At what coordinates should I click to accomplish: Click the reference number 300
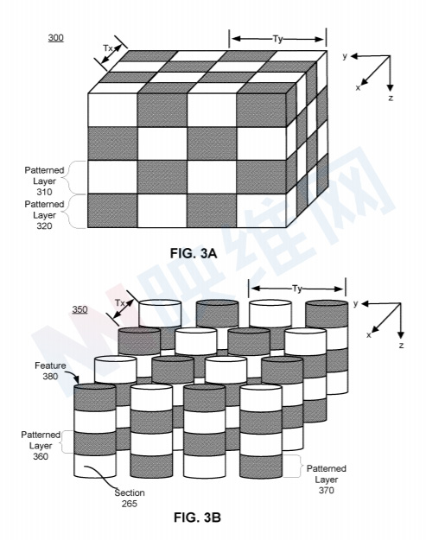coord(56,37)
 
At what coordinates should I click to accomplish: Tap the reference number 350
coord(79,309)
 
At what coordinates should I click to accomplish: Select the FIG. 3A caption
coord(194,253)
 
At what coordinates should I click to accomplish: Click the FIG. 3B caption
coord(197,518)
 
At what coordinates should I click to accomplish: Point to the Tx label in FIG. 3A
coord(108,48)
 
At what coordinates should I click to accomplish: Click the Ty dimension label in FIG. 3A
coord(277,39)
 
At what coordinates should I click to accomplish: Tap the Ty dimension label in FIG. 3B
coord(297,289)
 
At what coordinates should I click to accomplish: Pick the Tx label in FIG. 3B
coord(119,302)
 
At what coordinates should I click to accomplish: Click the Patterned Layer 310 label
coord(44,181)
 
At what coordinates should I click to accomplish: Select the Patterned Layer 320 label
coord(44,215)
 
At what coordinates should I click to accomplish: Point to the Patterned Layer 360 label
coord(41,445)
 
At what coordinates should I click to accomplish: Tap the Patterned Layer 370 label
coord(326,479)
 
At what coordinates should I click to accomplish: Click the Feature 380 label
coord(50,371)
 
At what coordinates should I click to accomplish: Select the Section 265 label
coord(130,498)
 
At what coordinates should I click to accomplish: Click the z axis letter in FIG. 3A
coord(391,98)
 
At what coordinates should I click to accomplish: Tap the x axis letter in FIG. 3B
coord(369,334)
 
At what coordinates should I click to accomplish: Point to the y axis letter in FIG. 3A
coord(345,55)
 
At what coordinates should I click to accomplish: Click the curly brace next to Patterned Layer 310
coord(75,177)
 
